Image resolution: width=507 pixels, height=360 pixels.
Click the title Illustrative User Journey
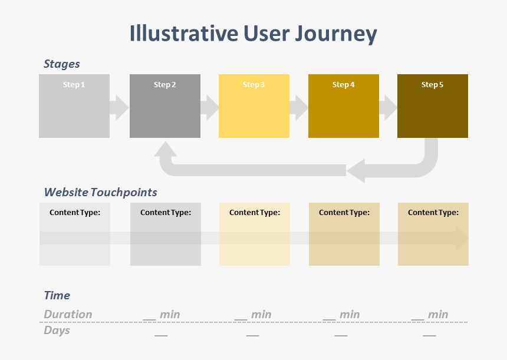253,34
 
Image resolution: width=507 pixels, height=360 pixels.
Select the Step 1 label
74,85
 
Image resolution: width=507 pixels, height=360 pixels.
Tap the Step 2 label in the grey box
165,85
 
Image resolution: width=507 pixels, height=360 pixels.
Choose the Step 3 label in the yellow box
254,85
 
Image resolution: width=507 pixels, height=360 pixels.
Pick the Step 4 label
343,85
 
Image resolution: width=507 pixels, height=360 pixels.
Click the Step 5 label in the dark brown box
432,85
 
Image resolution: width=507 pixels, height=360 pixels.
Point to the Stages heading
62,64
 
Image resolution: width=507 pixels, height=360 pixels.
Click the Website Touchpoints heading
101,193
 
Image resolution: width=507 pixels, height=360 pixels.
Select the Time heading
57,296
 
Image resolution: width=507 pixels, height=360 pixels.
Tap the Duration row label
68,315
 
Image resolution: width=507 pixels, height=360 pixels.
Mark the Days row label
57,331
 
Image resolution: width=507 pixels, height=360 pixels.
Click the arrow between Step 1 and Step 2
119,107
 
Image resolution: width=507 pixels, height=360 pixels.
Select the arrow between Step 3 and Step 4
299,107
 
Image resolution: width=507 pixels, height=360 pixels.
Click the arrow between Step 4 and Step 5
388,107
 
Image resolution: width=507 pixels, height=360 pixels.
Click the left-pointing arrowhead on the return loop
356,171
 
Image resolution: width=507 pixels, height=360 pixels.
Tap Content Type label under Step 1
75,213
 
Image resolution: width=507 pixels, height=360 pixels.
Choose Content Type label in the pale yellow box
255,213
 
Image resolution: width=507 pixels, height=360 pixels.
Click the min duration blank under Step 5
430,315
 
